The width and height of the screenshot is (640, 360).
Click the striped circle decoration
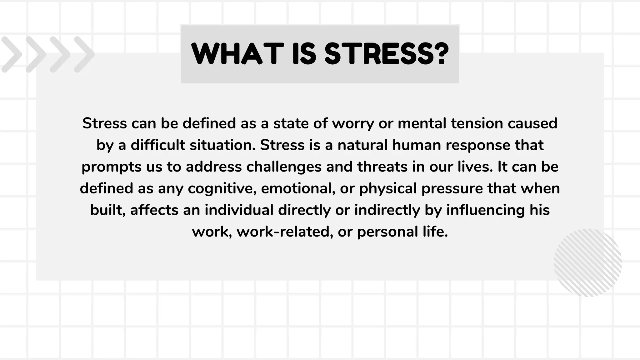click(588, 262)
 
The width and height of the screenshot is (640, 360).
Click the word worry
click(353, 124)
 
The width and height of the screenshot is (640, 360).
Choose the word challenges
click(284, 167)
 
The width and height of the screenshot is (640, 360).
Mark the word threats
click(382, 167)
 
